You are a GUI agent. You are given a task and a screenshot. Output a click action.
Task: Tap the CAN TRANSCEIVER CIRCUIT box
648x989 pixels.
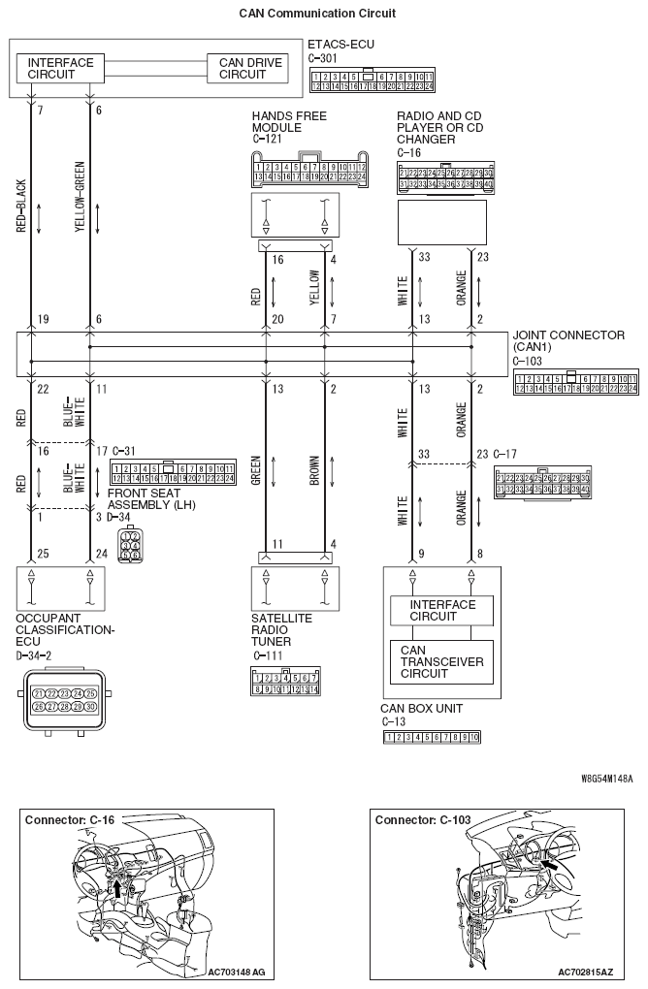click(x=442, y=660)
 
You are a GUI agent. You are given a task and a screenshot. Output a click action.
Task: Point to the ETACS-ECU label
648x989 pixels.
click(x=340, y=45)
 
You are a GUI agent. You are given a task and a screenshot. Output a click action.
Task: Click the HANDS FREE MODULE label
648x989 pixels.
click(x=289, y=122)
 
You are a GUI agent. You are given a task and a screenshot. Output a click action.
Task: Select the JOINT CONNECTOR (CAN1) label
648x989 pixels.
click(x=567, y=341)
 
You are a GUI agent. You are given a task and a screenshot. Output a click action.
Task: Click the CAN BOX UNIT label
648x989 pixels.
click(x=421, y=709)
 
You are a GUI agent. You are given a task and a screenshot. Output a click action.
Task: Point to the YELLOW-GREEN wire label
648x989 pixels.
click(x=79, y=198)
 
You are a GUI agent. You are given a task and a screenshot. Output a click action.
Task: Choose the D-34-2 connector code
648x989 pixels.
click(x=36, y=654)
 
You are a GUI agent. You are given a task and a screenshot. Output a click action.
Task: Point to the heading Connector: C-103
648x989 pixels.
click(x=423, y=820)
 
